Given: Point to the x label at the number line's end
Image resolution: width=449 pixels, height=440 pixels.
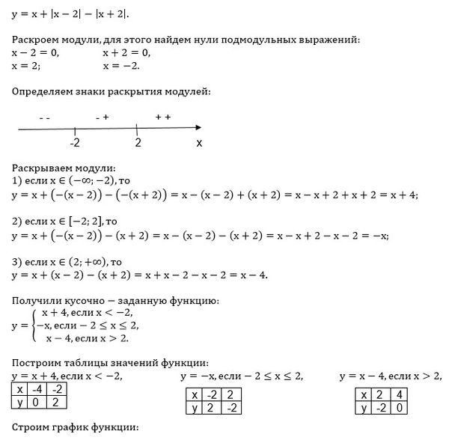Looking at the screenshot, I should pyautogui.click(x=198, y=142).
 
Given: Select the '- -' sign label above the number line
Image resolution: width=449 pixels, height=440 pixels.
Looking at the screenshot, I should pyautogui.click(x=44, y=117).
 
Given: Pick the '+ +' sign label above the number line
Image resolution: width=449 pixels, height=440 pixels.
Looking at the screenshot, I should pyautogui.click(x=163, y=117).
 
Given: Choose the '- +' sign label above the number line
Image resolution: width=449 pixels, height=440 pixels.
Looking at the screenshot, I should pyautogui.click(x=103, y=117).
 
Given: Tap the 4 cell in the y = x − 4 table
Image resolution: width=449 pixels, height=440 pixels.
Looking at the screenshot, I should pyautogui.click(x=400, y=394).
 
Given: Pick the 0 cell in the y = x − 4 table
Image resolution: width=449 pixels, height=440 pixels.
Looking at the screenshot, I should pyautogui.click(x=400, y=407).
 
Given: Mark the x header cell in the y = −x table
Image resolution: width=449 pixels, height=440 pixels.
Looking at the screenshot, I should pyautogui.click(x=195, y=394).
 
